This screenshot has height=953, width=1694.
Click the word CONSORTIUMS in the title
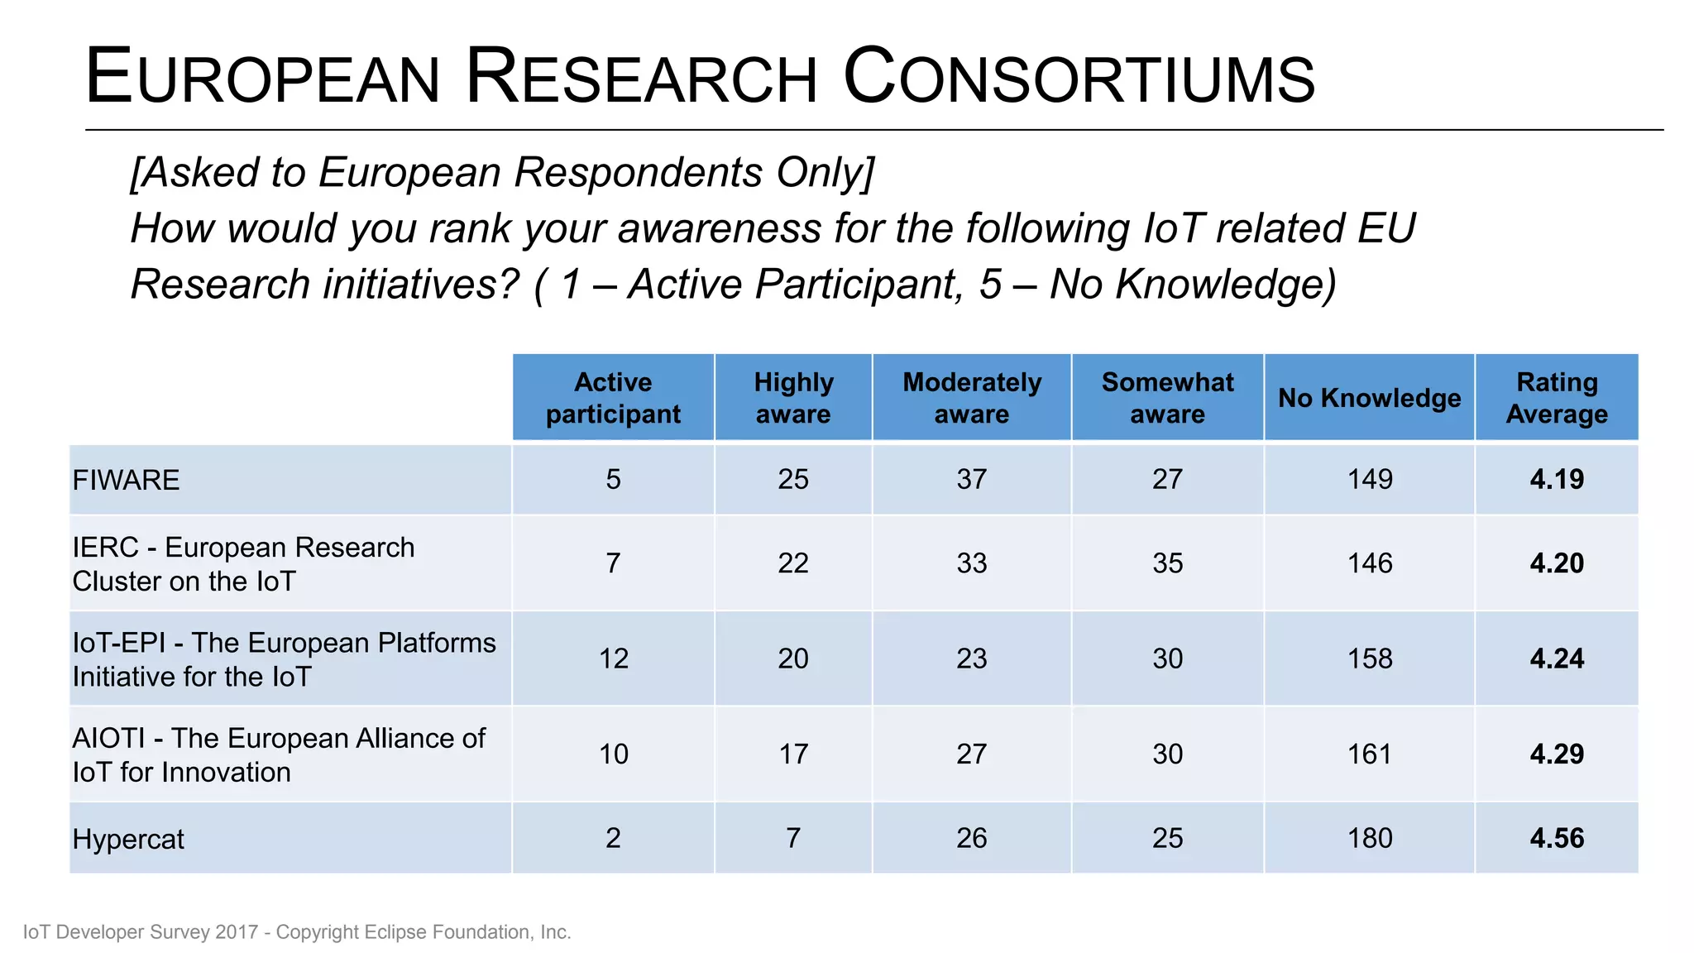(x=1079, y=78)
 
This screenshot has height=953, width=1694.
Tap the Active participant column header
(x=613, y=398)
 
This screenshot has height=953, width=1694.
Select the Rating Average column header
(x=1556, y=398)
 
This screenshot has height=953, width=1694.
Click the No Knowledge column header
(x=1369, y=398)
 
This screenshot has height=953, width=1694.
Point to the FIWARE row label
(x=126, y=480)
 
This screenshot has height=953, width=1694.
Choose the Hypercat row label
(x=128, y=839)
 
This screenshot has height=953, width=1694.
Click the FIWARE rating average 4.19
(x=1556, y=479)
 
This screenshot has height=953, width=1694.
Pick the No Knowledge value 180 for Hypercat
(x=1370, y=838)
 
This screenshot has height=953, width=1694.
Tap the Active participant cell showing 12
(x=613, y=658)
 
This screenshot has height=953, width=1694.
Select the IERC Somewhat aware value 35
(x=1167, y=563)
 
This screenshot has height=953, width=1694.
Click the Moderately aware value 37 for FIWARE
(x=972, y=479)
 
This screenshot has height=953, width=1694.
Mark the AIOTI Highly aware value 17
(x=792, y=754)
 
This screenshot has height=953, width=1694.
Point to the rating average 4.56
(x=1556, y=838)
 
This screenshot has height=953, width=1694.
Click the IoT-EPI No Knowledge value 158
(x=1370, y=658)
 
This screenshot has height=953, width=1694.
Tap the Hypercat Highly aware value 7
(x=792, y=838)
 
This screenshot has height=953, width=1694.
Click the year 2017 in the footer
(x=237, y=932)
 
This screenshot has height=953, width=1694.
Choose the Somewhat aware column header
(x=1167, y=398)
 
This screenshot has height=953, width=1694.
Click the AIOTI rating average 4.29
(x=1556, y=754)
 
